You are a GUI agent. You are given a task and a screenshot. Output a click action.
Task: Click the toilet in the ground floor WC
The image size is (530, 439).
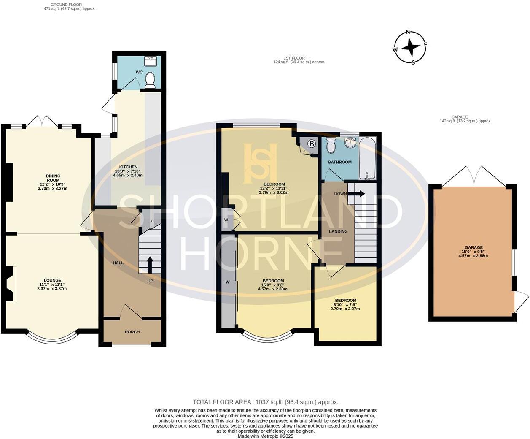[x=150, y=80]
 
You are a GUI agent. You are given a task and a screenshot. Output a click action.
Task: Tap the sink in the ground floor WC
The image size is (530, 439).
[x=150, y=61]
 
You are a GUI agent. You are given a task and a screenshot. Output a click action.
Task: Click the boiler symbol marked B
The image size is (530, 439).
[x=312, y=144]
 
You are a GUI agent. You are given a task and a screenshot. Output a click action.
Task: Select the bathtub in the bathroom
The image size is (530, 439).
[x=367, y=159]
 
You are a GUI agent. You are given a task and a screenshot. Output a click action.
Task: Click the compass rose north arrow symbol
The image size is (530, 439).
[x=409, y=47]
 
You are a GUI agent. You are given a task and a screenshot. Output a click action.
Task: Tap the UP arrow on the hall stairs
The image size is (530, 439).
[x=150, y=264]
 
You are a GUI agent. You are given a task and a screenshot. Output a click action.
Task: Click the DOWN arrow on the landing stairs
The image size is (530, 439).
[x=359, y=194]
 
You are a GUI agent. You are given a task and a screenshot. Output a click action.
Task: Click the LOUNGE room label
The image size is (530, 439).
[x=53, y=280]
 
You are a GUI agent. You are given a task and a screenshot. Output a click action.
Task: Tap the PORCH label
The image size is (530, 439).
[x=132, y=332]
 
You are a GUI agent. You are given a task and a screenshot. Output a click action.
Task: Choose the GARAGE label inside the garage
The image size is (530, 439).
[x=474, y=248]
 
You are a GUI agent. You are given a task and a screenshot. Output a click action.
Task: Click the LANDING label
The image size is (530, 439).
[x=338, y=231]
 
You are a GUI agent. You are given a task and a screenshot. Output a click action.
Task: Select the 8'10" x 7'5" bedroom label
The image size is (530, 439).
[x=345, y=301]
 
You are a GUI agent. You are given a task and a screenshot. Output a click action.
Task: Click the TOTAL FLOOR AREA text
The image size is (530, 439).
[x=265, y=402]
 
